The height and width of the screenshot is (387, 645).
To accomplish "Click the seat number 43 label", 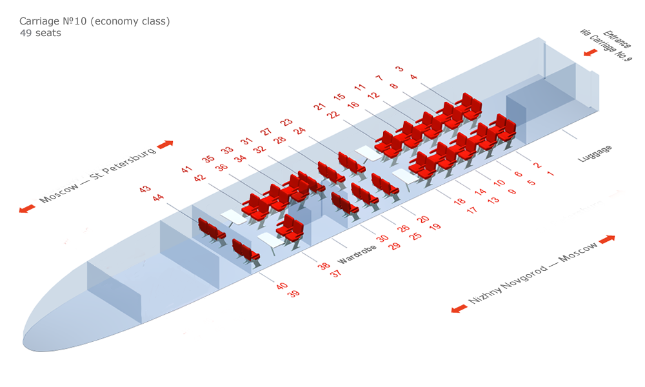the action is tap(144, 189).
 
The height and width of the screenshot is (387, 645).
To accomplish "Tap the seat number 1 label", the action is tap(550, 174).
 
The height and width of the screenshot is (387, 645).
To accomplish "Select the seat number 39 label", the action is tap(293, 293).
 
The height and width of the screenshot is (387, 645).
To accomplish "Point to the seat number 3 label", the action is tap(399, 68).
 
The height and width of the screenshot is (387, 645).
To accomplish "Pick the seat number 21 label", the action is tap(319, 106).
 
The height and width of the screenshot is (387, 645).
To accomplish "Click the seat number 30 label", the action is tap(382, 238).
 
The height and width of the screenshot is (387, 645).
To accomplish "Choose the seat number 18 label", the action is tap(459, 201).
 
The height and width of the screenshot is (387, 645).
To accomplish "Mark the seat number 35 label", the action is tap(208, 159).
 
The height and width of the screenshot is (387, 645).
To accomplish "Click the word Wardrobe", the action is tap(357, 255).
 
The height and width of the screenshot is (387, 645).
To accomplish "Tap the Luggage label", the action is tap(595, 154).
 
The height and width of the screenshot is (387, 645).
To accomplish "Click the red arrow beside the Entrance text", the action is tap(590, 53).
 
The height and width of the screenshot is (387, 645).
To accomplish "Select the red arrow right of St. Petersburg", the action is tap(165, 144).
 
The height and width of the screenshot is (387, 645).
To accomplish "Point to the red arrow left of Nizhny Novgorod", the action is tap(459, 308).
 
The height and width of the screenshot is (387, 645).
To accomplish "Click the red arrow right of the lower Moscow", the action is tap(607, 239).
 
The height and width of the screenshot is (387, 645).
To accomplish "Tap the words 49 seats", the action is tap(40, 33).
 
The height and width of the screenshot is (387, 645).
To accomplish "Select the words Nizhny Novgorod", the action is tap(508, 284).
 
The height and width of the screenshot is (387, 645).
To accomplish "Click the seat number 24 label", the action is tap(299, 130).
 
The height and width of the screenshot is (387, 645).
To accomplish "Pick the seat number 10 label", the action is tap(499, 182).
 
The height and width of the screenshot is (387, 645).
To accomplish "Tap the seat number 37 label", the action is tap(336, 273).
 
